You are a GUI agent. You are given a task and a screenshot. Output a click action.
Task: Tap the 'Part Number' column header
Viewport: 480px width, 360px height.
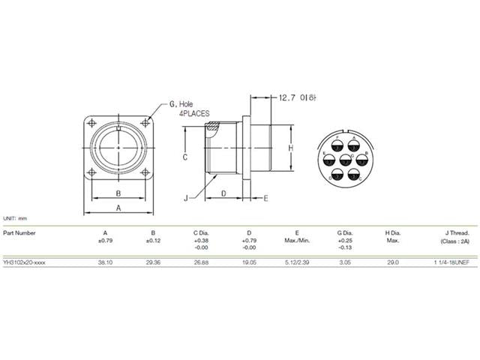19,232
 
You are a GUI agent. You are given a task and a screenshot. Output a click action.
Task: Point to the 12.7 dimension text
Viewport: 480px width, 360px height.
287,97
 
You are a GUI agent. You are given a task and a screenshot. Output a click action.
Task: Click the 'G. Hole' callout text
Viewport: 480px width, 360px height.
184,103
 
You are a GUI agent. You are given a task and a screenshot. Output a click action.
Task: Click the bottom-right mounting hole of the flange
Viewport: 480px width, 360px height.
147,178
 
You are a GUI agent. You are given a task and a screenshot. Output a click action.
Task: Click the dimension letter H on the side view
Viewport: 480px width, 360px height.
290,148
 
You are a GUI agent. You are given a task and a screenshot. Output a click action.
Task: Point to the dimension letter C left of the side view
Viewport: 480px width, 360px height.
184,157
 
